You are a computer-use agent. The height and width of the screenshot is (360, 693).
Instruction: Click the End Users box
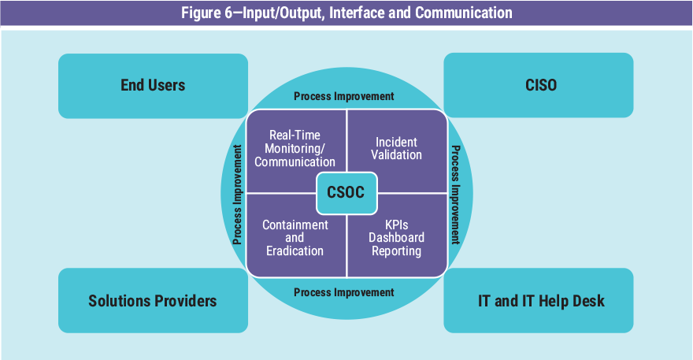pyautogui.click(x=153, y=85)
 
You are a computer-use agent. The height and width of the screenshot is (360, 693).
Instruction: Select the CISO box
pyautogui.click(x=539, y=85)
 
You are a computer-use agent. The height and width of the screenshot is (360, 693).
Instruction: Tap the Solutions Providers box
pyautogui.click(x=153, y=300)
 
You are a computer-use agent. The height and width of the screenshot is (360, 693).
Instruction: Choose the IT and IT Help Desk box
pyautogui.click(x=539, y=300)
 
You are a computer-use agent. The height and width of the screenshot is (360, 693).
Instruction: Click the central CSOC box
pyautogui.click(x=346, y=192)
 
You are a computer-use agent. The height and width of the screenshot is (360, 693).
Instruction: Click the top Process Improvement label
pyautogui.click(x=343, y=96)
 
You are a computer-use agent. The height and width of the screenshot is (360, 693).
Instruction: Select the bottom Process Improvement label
pyautogui.click(x=343, y=292)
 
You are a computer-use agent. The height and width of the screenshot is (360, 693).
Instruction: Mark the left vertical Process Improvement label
pyautogui.click(x=237, y=194)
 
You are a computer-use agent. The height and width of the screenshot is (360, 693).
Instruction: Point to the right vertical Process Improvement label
pyautogui.click(x=455, y=194)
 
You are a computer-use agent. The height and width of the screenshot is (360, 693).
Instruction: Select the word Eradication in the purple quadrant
pyautogui.click(x=295, y=251)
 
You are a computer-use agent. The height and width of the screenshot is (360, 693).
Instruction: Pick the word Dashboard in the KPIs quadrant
pyautogui.click(x=397, y=238)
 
